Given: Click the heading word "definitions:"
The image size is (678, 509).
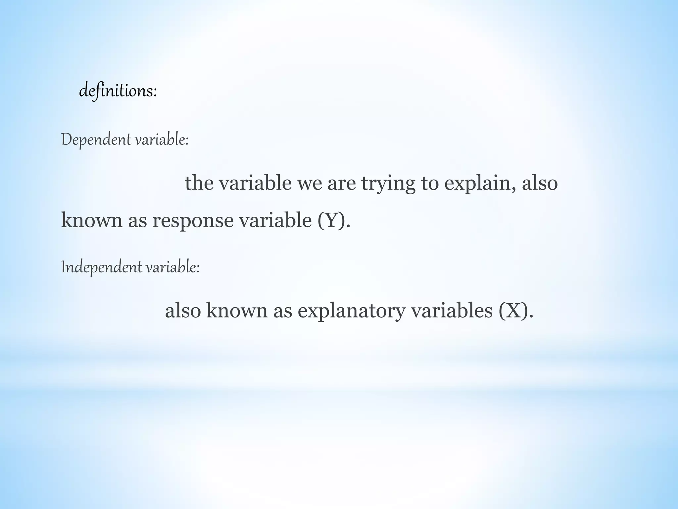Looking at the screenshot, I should [x=118, y=91].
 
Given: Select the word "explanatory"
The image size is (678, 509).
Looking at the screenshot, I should [x=351, y=311].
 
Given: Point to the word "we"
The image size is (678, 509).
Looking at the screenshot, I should [x=309, y=183].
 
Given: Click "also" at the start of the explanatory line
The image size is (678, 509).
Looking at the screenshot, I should [x=183, y=311].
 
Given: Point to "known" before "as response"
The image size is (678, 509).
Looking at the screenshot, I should [x=92, y=220].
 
